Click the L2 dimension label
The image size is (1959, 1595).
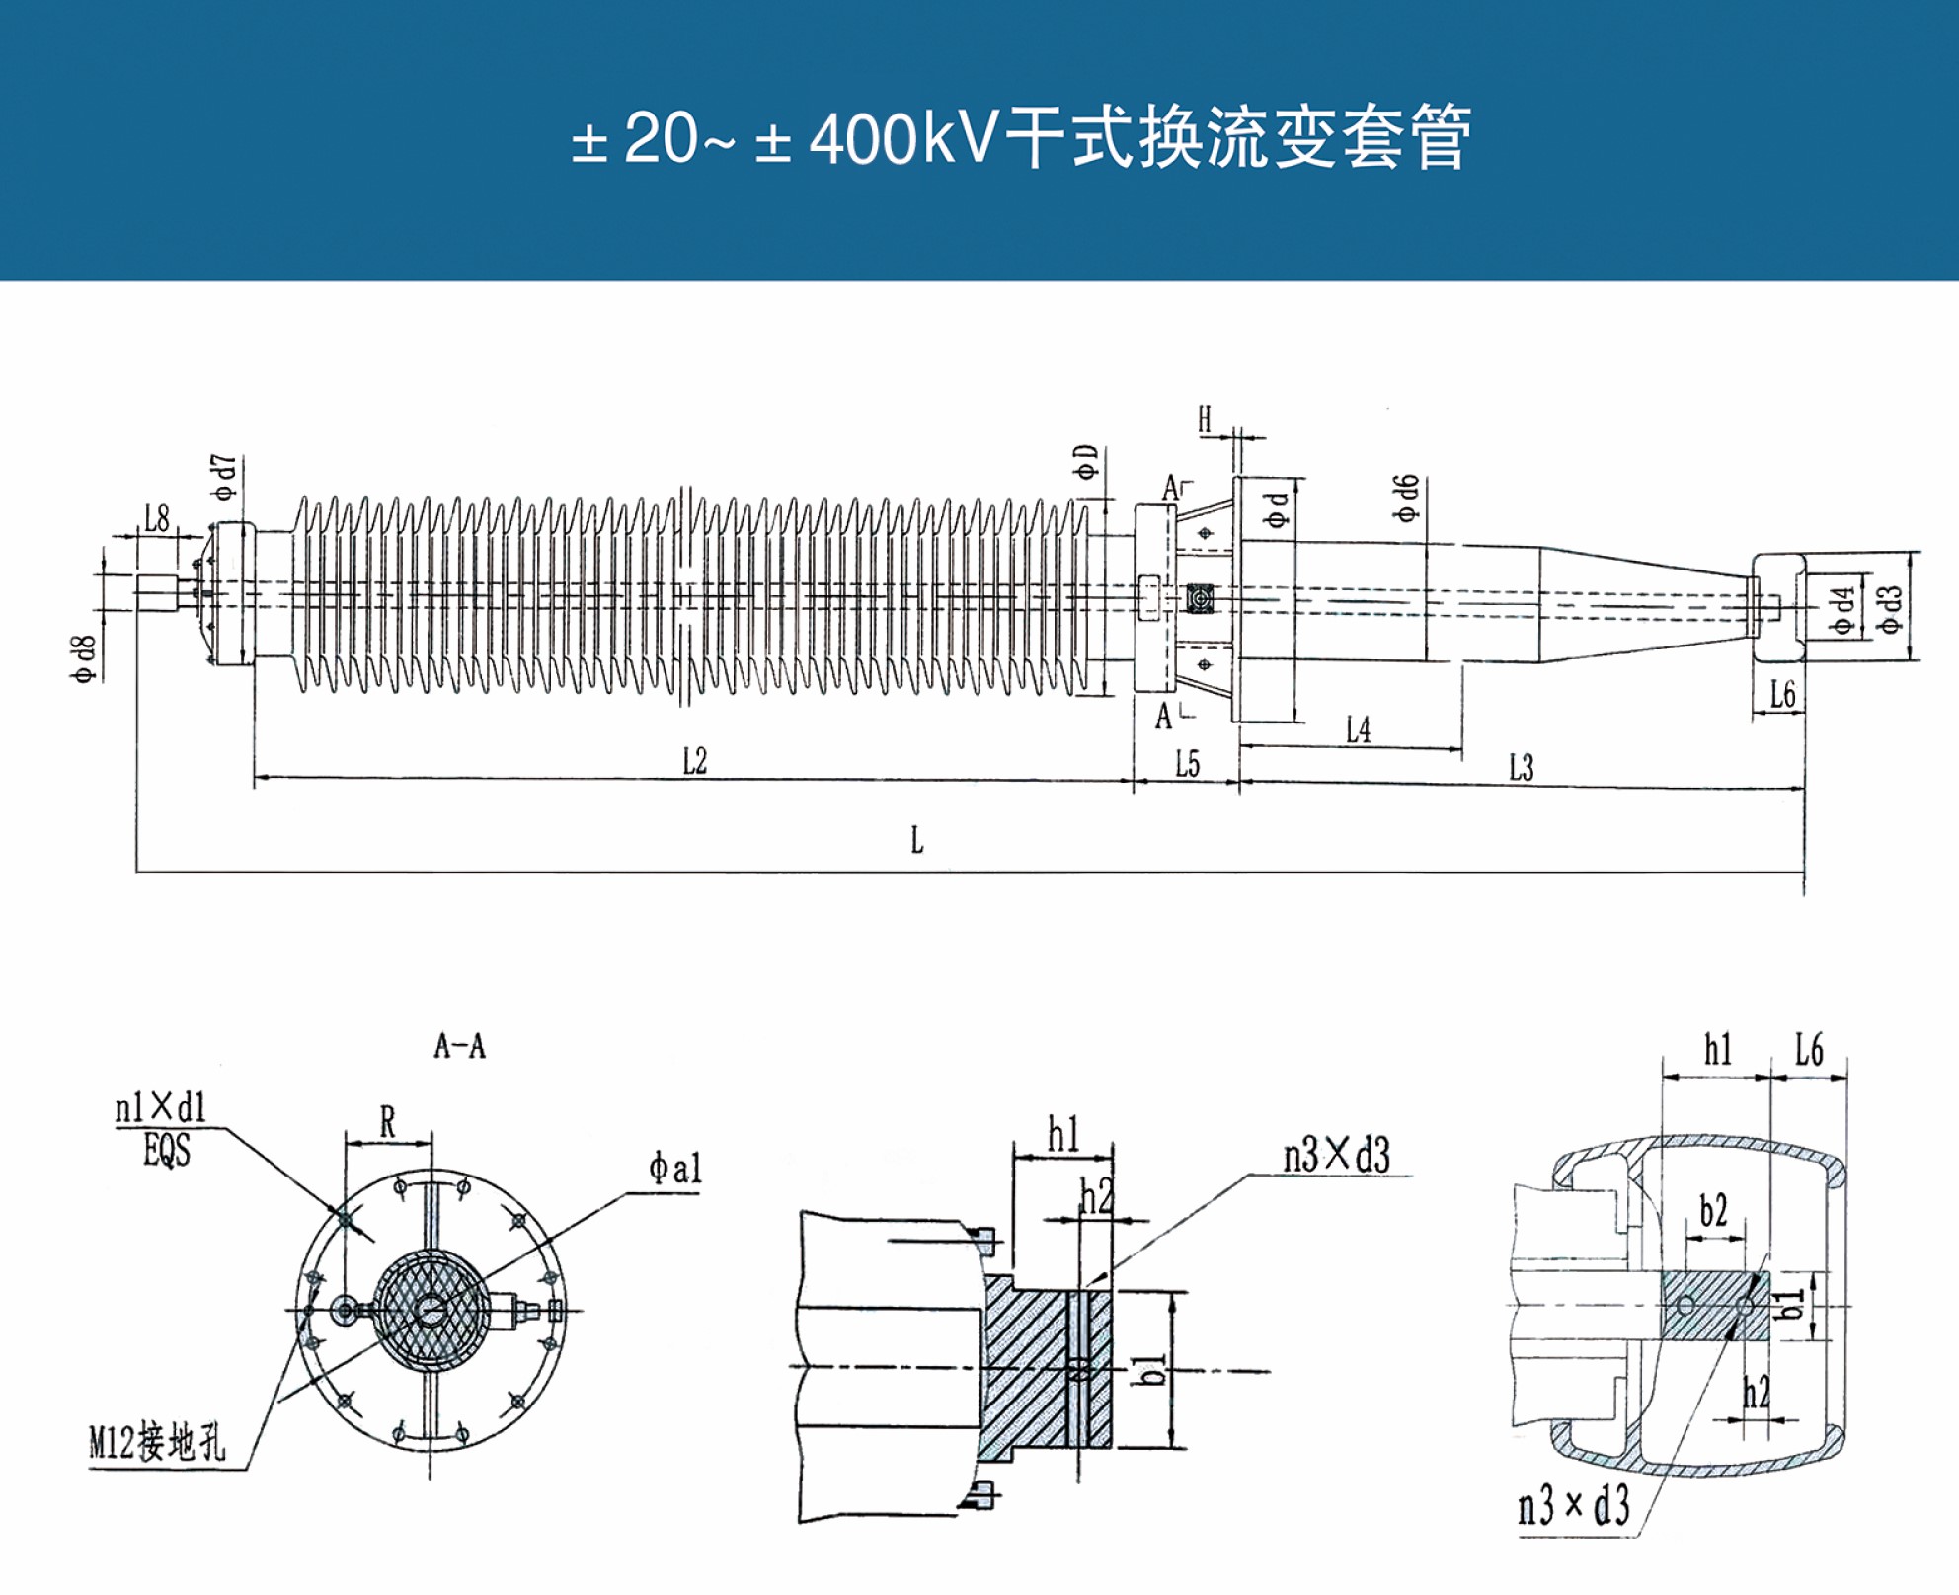click(x=695, y=761)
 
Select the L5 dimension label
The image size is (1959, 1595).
click(x=1187, y=764)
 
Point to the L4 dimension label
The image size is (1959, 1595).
click(x=1359, y=730)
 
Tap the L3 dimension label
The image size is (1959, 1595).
click(x=1522, y=767)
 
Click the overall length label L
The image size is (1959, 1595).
click(x=917, y=841)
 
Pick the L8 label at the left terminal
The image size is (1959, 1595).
click(x=157, y=518)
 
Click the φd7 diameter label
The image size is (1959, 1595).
click(x=225, y=478)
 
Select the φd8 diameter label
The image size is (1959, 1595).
click(x=84, y=659)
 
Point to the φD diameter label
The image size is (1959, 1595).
click(x=1086, y=462)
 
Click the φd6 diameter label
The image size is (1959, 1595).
click(x=1406, y=498)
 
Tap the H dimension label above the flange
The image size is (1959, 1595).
click(x=1205, y=419)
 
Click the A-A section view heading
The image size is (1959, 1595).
click(x=460, y=1046)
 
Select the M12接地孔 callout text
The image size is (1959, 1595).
click(x=157, y=1443)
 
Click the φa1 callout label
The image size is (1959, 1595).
click(x=675, y=1169)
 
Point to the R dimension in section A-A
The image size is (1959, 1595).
click(x=387, y=1122)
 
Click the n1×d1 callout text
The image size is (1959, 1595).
click(x=161, y=1108)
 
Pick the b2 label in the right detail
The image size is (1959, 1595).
click(x=1713, y=1211)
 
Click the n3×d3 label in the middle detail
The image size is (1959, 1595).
click(x=1336, y=1155)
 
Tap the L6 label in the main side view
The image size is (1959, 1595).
click(x=1782, y=694)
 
